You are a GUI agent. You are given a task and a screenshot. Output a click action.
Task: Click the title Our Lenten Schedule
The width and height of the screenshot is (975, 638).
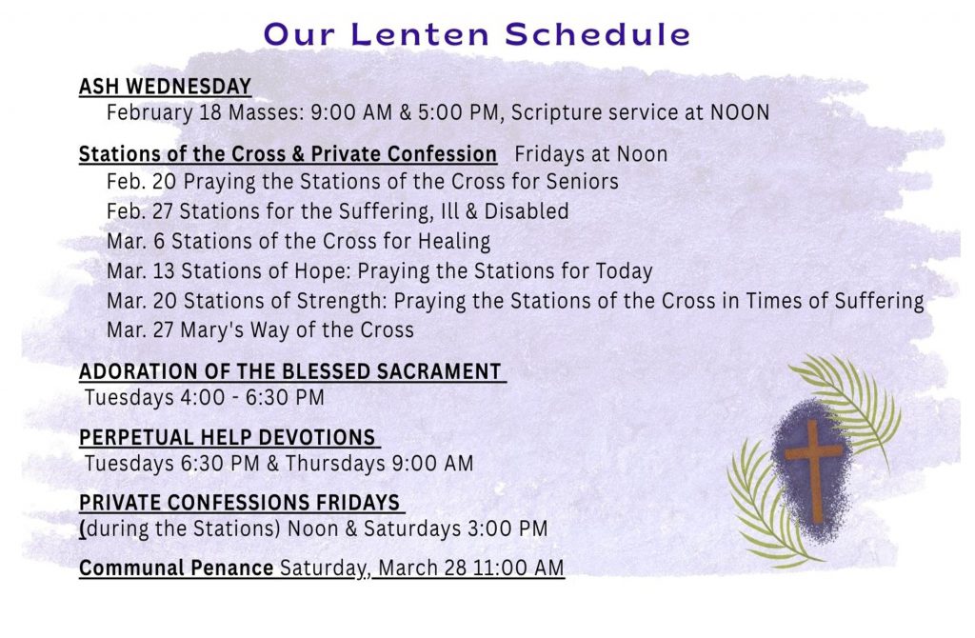(477, 34)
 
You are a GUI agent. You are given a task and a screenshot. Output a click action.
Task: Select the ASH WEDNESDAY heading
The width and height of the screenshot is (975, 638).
(165, 87)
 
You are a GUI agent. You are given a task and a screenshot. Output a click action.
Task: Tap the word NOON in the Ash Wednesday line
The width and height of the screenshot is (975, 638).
(740, 112)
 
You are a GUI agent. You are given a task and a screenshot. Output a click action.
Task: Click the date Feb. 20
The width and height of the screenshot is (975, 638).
(142, 182)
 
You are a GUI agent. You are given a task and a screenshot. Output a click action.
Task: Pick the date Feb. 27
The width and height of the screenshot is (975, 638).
(140, 211)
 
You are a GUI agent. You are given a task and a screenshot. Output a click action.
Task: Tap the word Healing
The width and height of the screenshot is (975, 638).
(454, 241)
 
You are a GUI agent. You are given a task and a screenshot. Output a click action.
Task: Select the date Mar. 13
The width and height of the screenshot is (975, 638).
(141, 271)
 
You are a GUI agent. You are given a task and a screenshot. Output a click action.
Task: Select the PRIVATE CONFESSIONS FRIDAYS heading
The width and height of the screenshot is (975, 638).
(239, 503)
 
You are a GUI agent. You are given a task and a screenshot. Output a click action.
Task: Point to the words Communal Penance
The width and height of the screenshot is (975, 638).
(176, 568)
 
